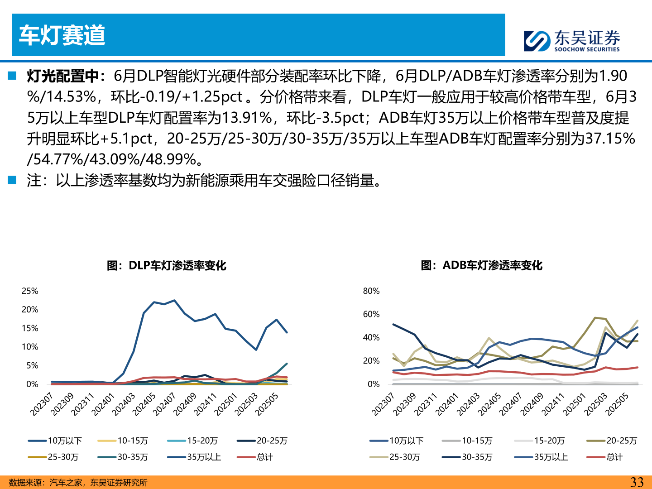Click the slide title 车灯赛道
point(62,35)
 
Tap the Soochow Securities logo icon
point(537,41)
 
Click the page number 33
point(637,482)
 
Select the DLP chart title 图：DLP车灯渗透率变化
point(166,265)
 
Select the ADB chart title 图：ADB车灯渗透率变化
point(481,265)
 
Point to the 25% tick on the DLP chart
point(30,291)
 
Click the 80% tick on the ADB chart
point(371,291)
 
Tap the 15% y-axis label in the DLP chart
point(30,328)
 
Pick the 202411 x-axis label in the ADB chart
point(553,404)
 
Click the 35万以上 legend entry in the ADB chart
point(551,457)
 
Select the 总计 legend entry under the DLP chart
point(265,457)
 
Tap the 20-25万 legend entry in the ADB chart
point(621,441)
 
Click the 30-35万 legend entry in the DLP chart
point(133,457)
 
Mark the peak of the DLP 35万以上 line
point(174,301)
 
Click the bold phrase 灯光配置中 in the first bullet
point(62,76)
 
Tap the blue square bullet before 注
point(12,180)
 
